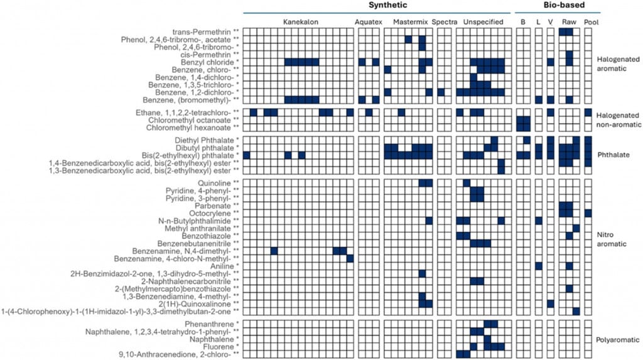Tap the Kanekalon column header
coord(300,21)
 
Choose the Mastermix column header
coord(410,21)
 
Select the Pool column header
coord(591,21)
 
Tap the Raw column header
coord(569,21)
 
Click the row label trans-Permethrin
coord(205,31)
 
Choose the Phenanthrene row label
coord(206,324)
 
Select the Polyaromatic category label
coord(617,339)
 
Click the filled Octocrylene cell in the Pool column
coord(588,213)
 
